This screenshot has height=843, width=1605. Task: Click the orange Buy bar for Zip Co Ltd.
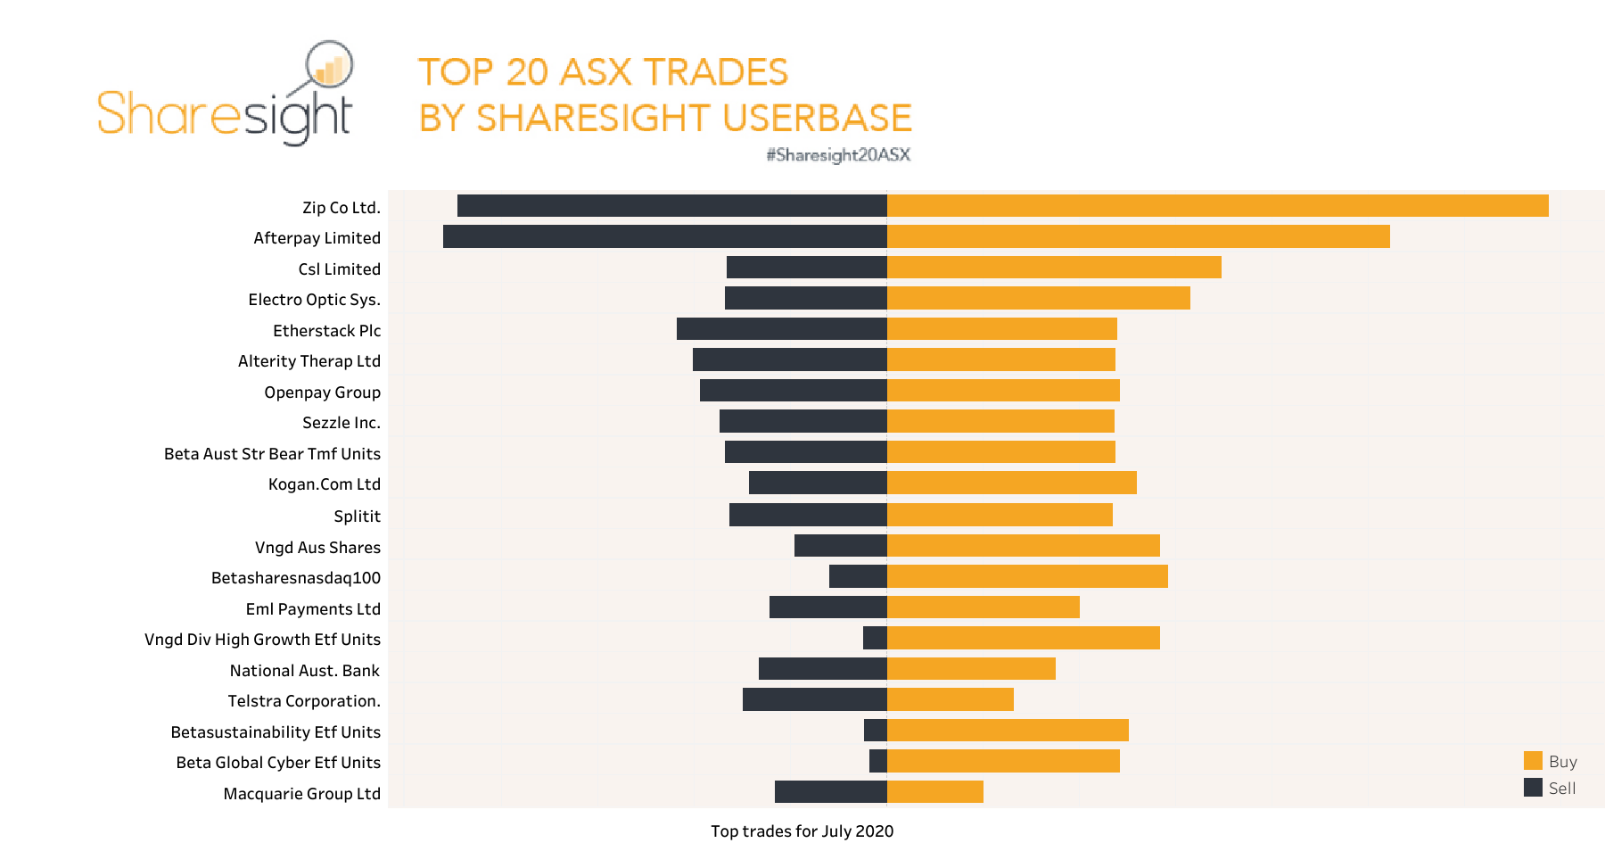click(1217, 206)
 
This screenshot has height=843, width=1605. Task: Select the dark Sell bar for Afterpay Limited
click(664, 236)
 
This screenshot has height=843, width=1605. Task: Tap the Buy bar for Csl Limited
click(1054, 268)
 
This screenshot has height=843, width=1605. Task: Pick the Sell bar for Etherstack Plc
click(781, 329)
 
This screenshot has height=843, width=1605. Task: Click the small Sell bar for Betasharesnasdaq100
click(858, 576)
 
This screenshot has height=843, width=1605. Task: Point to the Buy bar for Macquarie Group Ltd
click(934, 792)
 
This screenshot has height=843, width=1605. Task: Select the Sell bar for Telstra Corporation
click(814, 699)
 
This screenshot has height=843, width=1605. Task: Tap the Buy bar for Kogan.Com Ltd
click(1011, 483)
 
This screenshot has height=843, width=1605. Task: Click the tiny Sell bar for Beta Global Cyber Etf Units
click(878, 761)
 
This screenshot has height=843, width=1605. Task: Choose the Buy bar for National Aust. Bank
click(971, 669)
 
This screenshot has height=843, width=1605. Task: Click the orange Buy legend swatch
click(1533, 761)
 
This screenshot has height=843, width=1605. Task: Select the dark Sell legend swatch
click(1533, 788)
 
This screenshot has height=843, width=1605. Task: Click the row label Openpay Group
click(322, 393)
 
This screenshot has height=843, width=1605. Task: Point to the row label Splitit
click(357, 517)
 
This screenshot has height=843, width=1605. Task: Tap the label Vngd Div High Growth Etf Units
click(262, 640)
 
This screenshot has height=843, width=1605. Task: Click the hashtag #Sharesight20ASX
click(838, 155)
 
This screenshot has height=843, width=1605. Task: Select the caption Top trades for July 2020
click(802, 831)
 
